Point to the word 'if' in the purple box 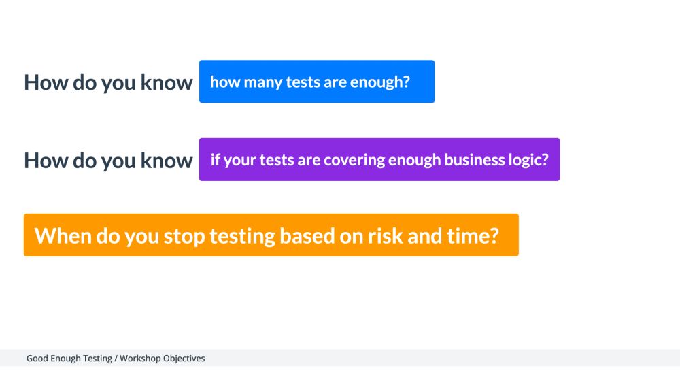(215, 161)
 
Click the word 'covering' (354, 161)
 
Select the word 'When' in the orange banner (63, 236)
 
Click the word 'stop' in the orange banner (184, 236)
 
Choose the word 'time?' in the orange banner (474, 236)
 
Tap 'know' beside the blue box (166, 83)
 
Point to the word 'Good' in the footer (37, 358)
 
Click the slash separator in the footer (116, 358)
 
